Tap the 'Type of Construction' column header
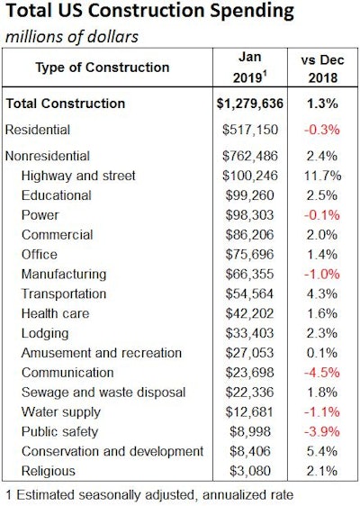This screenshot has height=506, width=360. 102,68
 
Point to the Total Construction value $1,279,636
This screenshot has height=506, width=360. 238,104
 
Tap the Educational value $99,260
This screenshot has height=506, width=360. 238,195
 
